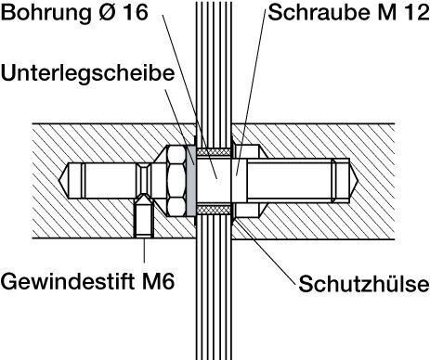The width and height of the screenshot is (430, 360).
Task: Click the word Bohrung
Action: coord(46,13)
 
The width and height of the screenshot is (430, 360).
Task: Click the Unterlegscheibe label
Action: coord(87,73)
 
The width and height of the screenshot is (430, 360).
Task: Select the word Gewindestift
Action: coord(69,281)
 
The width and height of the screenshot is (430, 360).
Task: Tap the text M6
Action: coord(158,281)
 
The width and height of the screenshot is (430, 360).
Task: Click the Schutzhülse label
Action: coord(364,284)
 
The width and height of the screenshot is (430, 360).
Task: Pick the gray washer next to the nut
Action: coord(191,181)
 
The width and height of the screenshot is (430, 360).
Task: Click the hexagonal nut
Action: coord(177,181)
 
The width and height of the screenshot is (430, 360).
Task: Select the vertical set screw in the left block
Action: coord(144,216)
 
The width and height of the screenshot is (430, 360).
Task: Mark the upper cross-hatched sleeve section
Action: coord(215,152)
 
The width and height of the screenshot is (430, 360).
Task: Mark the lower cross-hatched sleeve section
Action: coord(215,210)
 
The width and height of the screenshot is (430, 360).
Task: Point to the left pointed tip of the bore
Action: coord(59,180)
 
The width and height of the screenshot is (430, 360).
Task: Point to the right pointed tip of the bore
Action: coord(358,180)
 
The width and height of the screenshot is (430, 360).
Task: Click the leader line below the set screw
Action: coord(144,251)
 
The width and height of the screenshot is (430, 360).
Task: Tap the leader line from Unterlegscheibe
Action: coord(179,126)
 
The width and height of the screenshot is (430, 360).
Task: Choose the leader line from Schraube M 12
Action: coord(251,92)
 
